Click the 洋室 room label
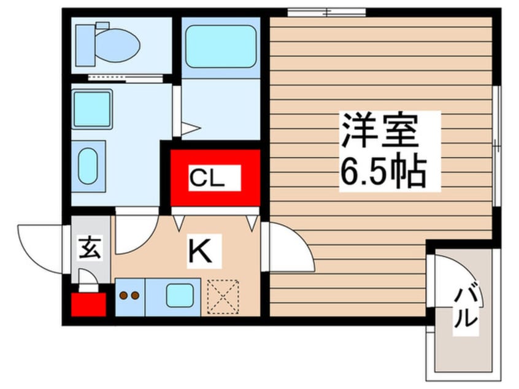click(x=380, y=131)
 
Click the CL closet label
click(x=207, y=179)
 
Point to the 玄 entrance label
click(x=90, y=248)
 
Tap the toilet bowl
click(x=118, y=45)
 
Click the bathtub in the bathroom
click(x=221, y=46)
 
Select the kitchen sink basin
click(x=180, y=295)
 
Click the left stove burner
click(x=123, y=295)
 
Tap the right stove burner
click(x=135, y=295)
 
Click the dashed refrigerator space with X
click(x=223, y=296)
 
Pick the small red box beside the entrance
click(x=89, y=304)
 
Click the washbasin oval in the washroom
click(x=88, y=166)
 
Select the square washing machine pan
click(x=92, y=109)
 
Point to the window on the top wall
click(x=326, y=13)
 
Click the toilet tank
click(x=85, y=45)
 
